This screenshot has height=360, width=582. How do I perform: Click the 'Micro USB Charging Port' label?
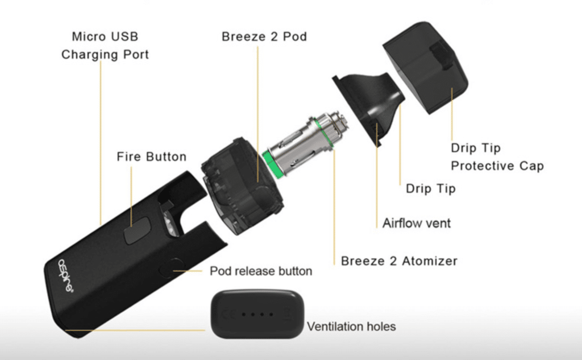(105, 45)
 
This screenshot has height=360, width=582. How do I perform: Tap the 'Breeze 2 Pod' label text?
(264, 36)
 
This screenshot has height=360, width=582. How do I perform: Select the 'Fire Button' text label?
(151, 156)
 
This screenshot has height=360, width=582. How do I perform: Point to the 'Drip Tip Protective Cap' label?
(497, 157)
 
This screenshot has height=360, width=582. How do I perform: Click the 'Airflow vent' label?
(417, 224)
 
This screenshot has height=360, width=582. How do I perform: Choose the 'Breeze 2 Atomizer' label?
(399, 261)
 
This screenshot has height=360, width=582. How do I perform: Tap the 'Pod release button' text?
(261, 271)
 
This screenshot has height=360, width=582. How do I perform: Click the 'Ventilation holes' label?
(351, 326)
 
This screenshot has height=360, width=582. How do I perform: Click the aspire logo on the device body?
(66, 275)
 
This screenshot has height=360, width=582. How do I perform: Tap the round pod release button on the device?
(172, 268)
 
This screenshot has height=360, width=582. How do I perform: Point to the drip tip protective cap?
(425, 67)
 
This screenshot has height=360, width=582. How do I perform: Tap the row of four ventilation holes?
(257, 315)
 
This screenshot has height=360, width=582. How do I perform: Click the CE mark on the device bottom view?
(228, 315)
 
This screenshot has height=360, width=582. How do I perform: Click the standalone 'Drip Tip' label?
(431, 189)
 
